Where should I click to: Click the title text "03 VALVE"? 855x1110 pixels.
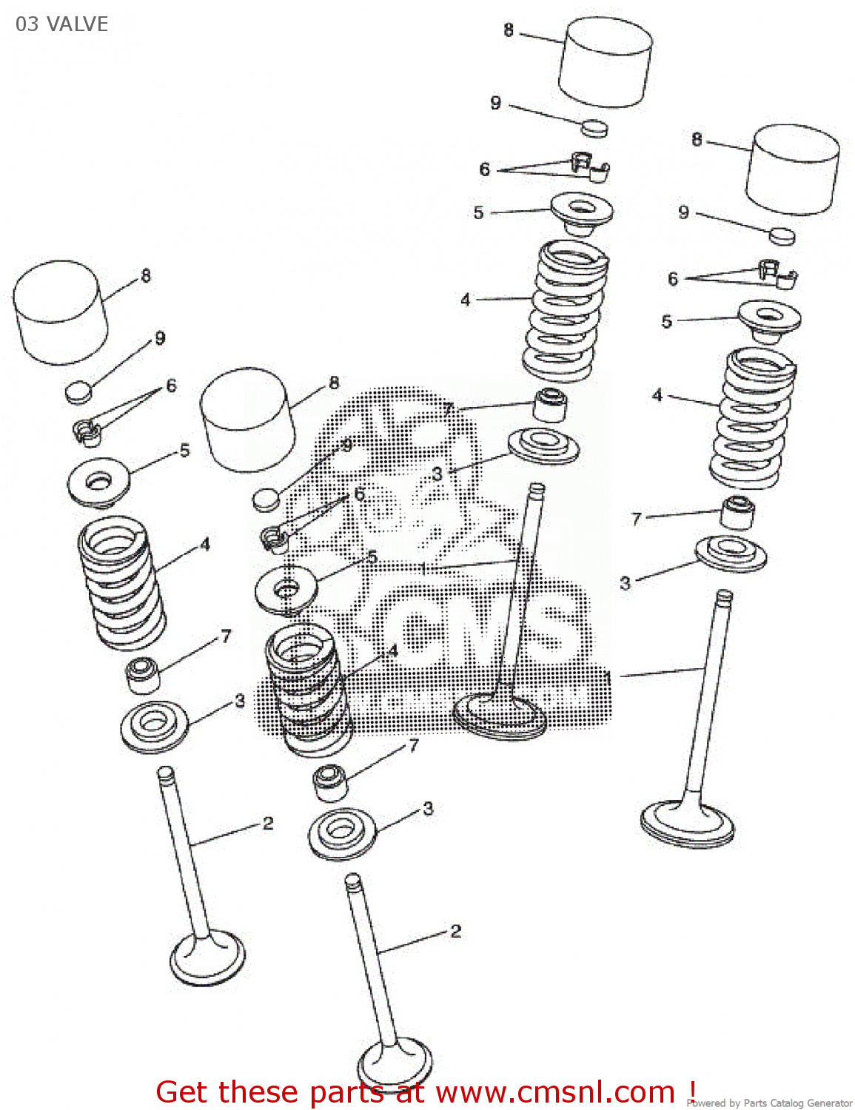(x=62, y=24)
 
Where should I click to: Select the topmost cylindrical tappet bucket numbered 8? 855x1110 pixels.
(x=606, y=63)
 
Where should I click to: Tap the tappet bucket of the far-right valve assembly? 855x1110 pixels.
(x=793, y=170)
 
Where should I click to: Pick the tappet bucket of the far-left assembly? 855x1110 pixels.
(x=60, y=312)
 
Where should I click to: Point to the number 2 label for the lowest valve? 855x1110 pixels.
(x=455, y=931)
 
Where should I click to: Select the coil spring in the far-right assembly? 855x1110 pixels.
(x=752, y=418)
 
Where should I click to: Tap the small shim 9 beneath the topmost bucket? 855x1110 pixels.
(x=594, y=128)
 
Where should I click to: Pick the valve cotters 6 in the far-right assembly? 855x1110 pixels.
(x=777, y=275)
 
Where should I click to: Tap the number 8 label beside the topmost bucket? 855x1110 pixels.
(x=508, y=30)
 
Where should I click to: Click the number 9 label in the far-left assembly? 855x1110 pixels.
(x=160, y=339)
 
